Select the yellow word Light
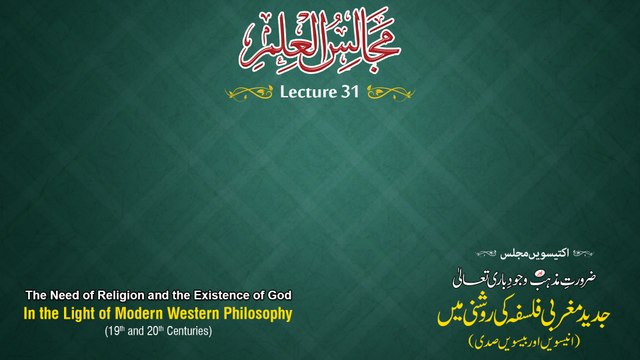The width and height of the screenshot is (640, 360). [x=75, y=314]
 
